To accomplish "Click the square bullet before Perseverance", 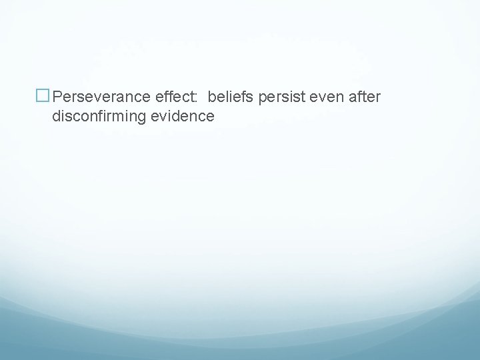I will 43,97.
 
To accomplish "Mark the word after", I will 364,97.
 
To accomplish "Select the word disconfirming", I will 101,117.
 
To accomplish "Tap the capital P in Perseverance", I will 57,97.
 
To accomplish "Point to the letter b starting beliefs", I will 211,97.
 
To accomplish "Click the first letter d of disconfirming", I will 56,117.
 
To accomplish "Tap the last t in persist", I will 301,97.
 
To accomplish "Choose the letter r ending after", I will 378,99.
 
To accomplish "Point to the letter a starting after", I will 351,99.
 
